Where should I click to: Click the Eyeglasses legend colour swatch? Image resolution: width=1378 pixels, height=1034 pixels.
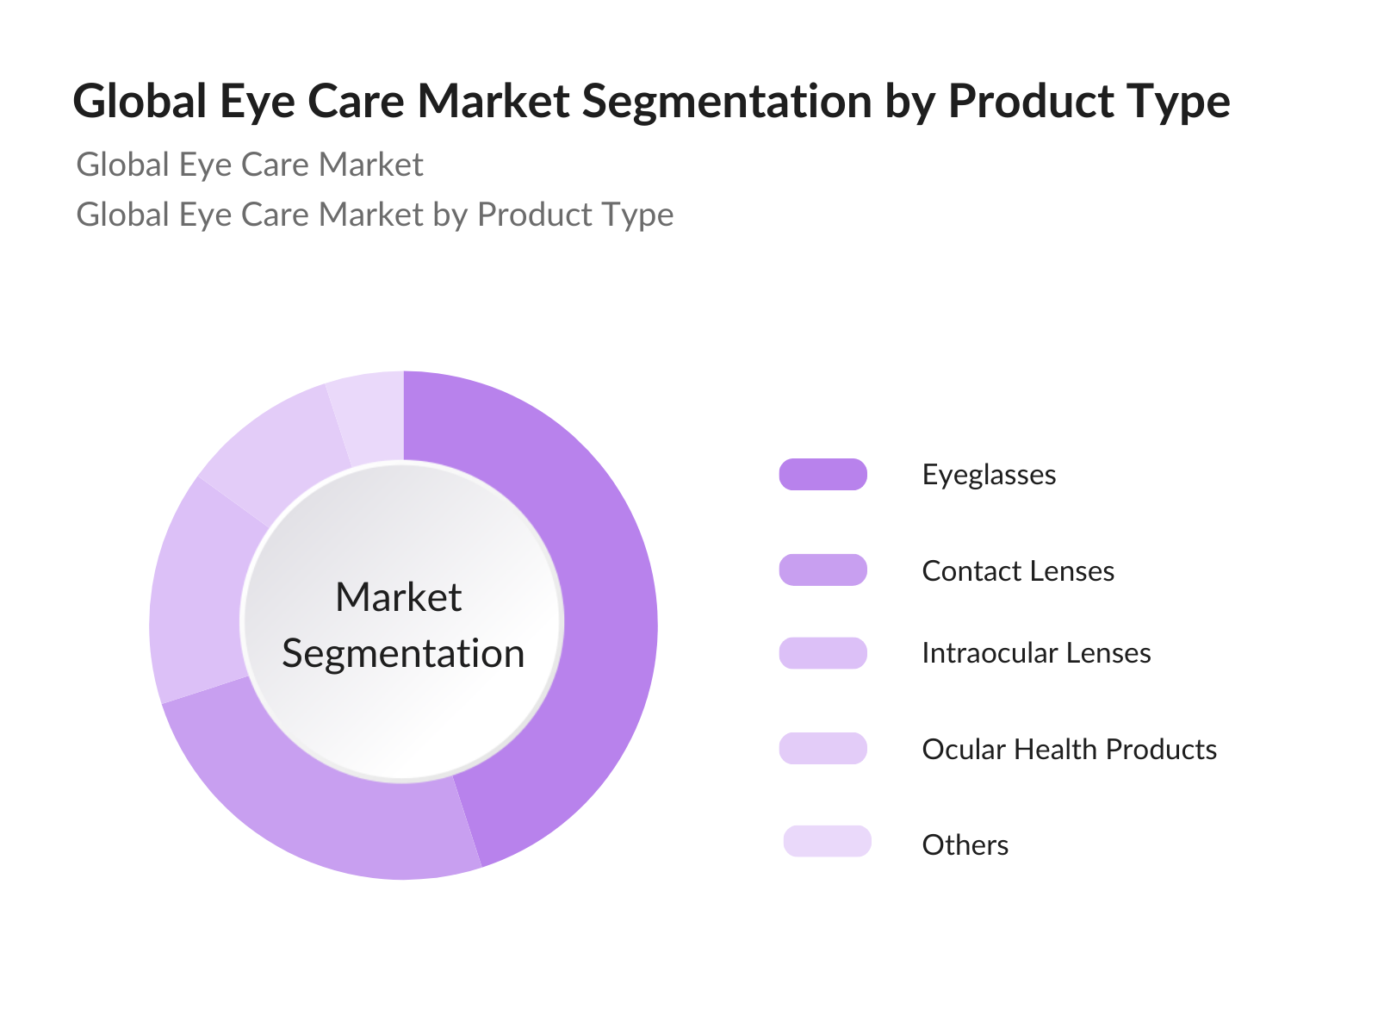coord(823,474)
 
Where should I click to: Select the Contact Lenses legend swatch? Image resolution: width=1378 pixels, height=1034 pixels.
coord(823,570)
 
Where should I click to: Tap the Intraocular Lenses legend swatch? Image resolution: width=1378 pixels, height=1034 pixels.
coord(823,653)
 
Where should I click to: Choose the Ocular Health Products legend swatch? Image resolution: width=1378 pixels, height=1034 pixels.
coord(823,748)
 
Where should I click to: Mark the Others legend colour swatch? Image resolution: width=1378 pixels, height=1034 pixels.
coord(828,841)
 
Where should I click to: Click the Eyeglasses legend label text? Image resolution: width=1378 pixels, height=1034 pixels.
coord(989,476)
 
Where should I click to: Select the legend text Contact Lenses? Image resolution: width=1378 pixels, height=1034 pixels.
coord(1018,571)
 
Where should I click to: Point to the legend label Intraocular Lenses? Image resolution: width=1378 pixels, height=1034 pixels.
coord(1036,653)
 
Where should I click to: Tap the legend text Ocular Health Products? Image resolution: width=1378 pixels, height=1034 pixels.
coord(1069,750)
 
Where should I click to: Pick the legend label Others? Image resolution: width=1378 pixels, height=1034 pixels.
coord(965,845)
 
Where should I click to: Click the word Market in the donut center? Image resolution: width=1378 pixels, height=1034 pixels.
coord(399,597)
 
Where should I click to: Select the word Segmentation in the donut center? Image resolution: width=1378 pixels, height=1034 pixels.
coord(403,654)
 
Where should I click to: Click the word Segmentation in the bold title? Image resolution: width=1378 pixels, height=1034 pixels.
coord(727,103)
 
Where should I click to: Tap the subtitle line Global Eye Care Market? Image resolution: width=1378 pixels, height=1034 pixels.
coord(250,165)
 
